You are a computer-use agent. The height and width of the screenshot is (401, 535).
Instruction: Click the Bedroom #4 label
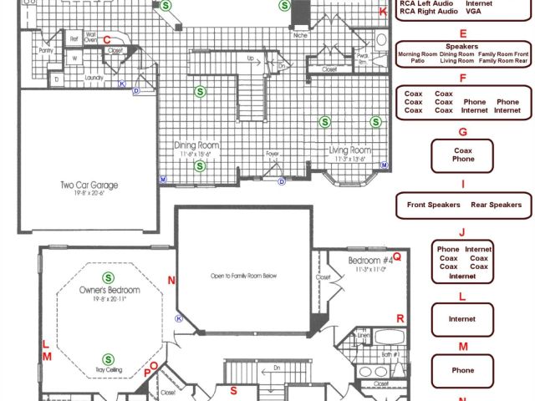(368, 261)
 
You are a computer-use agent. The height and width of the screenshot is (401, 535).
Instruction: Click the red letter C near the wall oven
(106, 38)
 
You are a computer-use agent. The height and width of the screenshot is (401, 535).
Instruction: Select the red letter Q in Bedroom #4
(397, 257)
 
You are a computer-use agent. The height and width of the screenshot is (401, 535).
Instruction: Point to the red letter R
(400, 318)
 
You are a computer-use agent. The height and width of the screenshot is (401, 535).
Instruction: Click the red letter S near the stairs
(234, 390)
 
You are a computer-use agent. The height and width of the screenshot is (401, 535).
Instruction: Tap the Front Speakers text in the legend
(433, 205)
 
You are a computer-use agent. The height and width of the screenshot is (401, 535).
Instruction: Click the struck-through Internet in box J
(462, 276)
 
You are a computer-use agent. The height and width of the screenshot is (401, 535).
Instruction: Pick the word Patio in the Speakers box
(418, 61)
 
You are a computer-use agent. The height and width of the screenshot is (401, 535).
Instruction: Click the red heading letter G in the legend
(462, 132)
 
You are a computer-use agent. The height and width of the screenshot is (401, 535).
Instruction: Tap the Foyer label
(272, 154)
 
